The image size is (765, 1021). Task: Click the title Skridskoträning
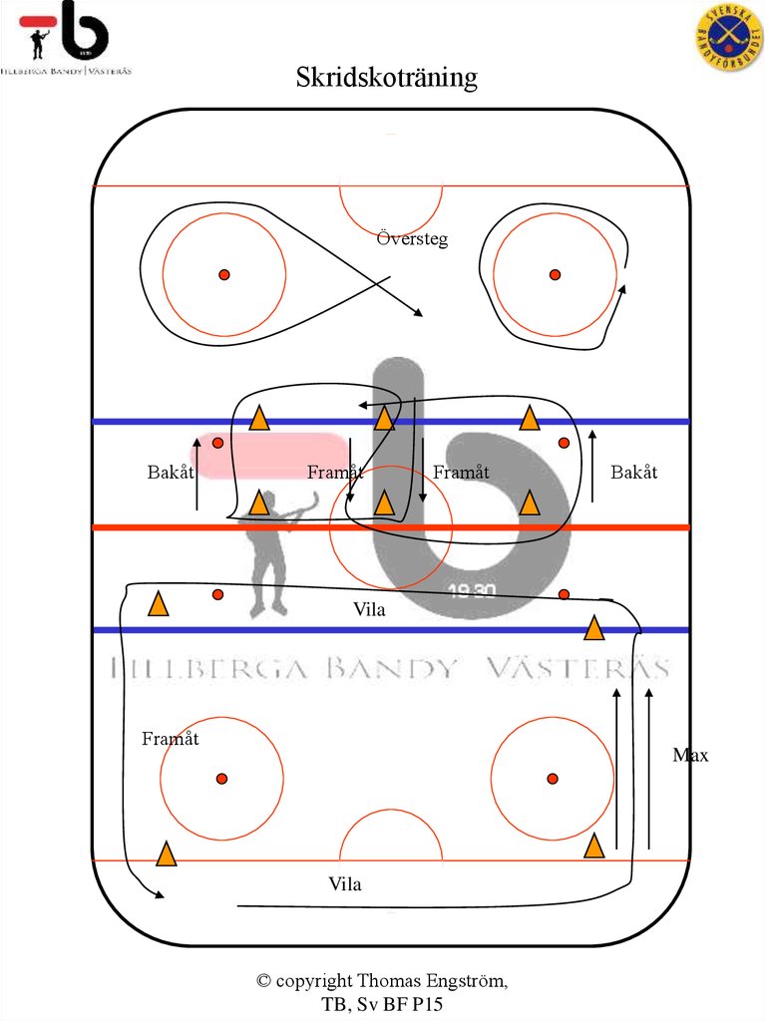click(386, 78)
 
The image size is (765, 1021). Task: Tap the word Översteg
click(412, 239)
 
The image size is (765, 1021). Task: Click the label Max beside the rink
click(690, 756)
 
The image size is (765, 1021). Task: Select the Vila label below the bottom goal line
click(345, 884)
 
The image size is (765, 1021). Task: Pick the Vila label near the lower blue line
click(369, 610)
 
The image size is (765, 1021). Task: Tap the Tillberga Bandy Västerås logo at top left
click(66, 39)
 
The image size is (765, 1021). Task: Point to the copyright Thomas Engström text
click(382, 981)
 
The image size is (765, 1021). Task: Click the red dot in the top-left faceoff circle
click(224, 275)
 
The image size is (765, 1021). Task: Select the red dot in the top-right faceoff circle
click(555, 275)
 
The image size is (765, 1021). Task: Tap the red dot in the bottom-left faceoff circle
click(221, 779)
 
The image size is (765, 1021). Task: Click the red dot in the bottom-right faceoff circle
click(553, 779)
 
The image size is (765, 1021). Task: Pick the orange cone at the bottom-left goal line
click(166, 854)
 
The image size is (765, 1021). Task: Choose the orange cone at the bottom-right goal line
click(594, 847)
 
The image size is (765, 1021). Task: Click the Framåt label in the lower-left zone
click(171, 739)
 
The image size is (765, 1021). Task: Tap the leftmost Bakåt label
click(171, 473)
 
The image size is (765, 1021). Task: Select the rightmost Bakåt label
click(634, 473)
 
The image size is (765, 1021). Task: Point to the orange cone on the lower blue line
click(594, 628)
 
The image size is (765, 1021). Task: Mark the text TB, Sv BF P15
click(382, 1004)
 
